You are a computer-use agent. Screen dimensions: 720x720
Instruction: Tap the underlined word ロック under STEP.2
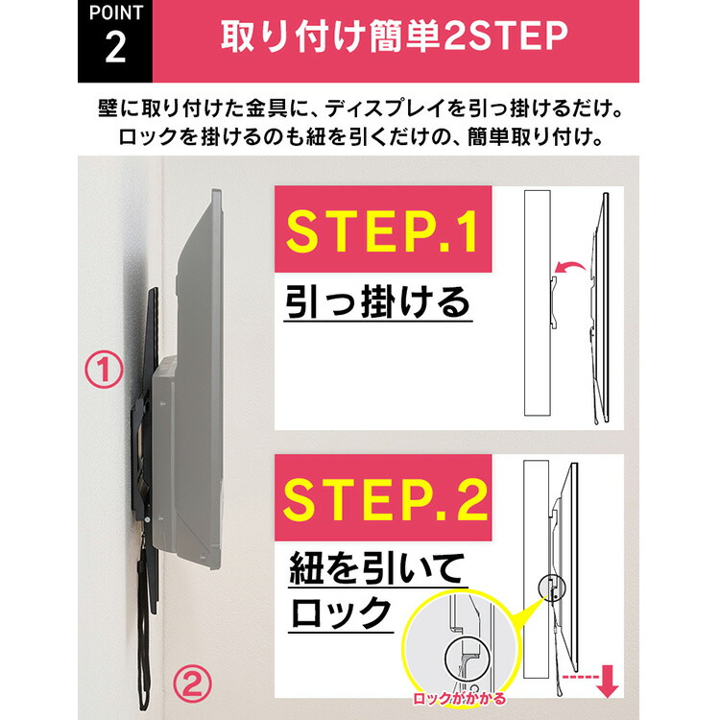coord(341,612)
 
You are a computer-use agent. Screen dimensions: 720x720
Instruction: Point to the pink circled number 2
coord(193,684)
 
